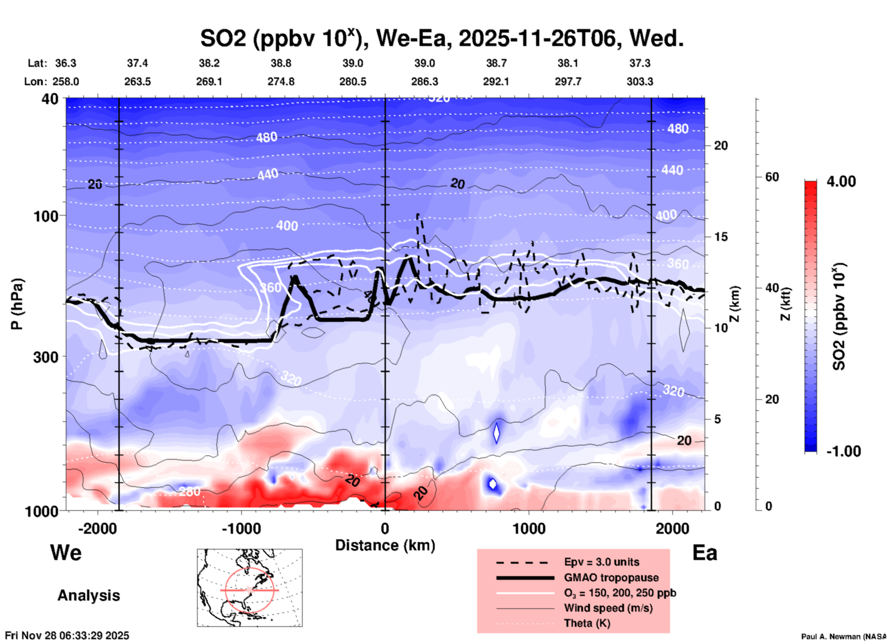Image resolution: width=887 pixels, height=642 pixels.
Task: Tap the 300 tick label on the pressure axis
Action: (46, 357)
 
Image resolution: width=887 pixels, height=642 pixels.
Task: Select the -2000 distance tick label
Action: (97, 528)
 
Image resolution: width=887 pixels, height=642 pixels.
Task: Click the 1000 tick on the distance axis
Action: (529, 528)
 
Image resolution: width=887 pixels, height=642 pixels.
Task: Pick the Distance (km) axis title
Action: (385, 545)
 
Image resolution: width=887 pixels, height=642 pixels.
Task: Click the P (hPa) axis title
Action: (17, 304)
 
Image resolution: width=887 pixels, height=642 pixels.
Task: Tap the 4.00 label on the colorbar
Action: (841, 181)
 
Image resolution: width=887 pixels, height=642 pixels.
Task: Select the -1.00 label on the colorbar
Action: (843, 451)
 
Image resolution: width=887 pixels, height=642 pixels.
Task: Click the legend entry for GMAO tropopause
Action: (611, 578)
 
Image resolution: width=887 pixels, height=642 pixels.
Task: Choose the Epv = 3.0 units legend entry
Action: (601, 562)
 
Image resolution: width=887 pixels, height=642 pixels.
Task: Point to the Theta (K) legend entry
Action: (587, 623)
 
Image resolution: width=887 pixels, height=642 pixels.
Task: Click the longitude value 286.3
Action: (424, 82)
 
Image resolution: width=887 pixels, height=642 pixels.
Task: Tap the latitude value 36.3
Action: (65, 63)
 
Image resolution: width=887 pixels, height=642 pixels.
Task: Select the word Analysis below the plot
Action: (88, 595)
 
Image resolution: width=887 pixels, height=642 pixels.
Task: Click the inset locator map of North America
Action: (250, 588)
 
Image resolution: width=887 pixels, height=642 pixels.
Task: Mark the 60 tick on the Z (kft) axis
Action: (772, 177)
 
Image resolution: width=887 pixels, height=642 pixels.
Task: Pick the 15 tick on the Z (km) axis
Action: (721, 237)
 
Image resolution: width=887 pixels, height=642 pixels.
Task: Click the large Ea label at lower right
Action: (705, 553)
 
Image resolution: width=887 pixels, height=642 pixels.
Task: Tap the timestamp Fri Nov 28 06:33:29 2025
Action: (67, 636)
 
